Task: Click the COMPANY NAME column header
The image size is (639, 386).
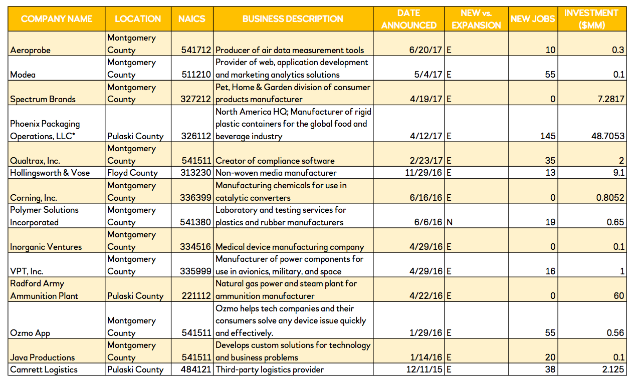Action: point(57,19)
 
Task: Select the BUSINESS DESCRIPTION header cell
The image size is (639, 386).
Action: point(293,19)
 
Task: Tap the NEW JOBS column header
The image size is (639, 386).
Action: point(533,19)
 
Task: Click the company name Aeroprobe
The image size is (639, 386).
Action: point(31,50)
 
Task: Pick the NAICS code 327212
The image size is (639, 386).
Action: point(195,99)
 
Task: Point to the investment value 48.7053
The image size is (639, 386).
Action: point(608,136)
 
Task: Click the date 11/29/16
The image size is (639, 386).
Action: point(424,173)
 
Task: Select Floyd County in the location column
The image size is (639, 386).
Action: point(132,173)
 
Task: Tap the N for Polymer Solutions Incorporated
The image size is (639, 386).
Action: point(449,222)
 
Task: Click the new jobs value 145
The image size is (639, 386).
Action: point(548,136)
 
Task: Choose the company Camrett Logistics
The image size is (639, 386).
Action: point(44,370)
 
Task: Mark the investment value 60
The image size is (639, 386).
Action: point(619,296)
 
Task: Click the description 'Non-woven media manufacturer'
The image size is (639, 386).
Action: point(276,173)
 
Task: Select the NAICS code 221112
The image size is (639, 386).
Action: point(195,296)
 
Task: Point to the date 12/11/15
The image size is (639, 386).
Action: point(424,370)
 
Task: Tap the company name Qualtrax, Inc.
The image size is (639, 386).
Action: point(36,161)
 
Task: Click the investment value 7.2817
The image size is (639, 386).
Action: point(611,99)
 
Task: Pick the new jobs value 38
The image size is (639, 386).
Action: point(550,370)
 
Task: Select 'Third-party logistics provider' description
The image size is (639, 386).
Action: point(270,370)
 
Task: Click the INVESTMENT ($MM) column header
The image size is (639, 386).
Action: point(591,19)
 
